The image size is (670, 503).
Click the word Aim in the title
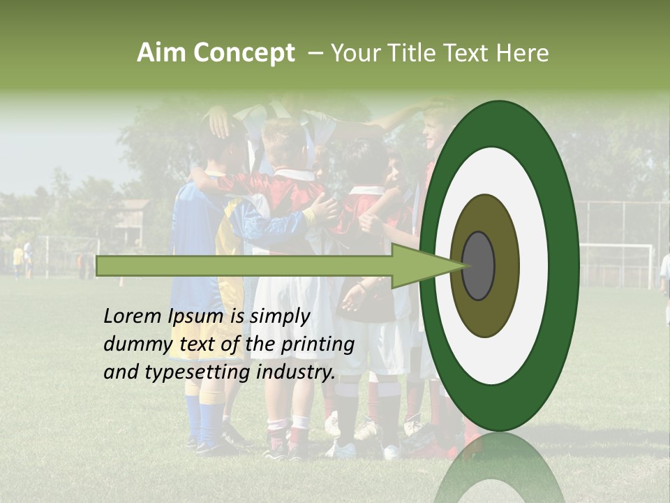pos(162,53)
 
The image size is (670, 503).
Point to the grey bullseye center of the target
pos(478,265)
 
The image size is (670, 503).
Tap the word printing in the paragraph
pos(318,344)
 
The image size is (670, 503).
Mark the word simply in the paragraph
pos(280,316)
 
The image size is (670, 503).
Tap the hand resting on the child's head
pos(221,123)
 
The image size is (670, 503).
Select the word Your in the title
pos(352,53)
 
